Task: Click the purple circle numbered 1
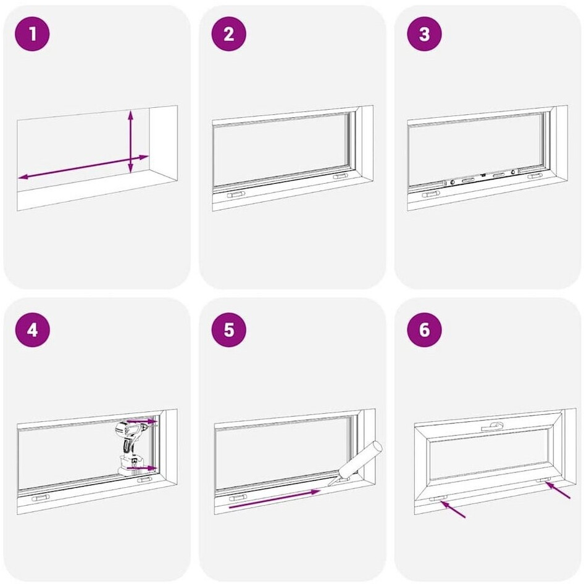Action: point(32,34)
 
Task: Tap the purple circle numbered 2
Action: point(228,34)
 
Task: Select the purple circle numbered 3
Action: point(424,34)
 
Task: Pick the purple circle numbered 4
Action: point(33,330)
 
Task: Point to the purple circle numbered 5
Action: point(228,330)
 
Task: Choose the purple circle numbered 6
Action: point(424,330)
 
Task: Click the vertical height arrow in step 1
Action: point(130,142)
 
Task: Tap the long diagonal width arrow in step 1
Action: point(83,167)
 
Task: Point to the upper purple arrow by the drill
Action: point(142,421)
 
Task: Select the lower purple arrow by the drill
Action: point(142,468)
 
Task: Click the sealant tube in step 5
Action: point(356,463)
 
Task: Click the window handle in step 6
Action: point(492,427)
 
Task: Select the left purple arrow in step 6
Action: point(453,509)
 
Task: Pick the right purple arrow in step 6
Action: point(557,490)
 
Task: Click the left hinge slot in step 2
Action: point(236,194)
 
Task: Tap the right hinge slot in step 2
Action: point(341,176)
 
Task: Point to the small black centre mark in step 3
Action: point(483,175)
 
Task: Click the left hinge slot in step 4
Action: point(41,498)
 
